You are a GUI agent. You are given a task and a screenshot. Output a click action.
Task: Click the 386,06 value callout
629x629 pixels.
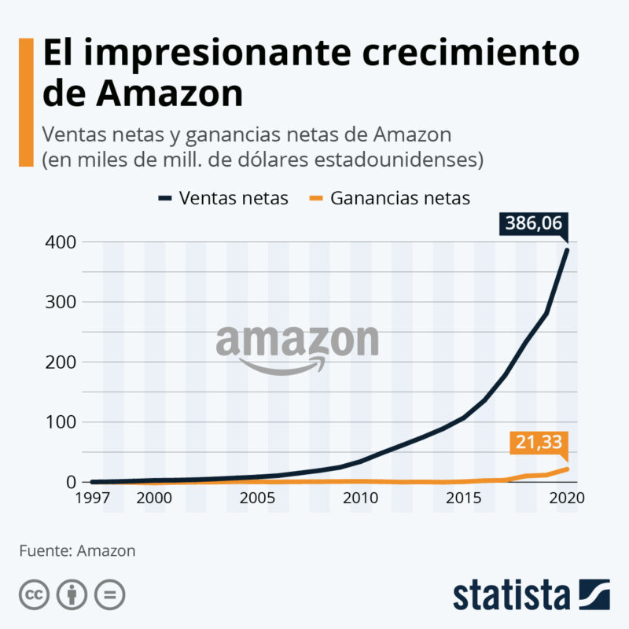pos(534,224)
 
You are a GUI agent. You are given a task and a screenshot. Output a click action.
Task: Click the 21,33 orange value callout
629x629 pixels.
pos(539,443)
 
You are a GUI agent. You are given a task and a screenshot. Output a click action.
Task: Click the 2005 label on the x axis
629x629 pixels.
pos(256,498)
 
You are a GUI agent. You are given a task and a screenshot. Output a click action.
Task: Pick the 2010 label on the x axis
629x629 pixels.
pos(360,498)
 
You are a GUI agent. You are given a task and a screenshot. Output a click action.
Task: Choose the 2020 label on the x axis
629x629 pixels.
pos(567,498)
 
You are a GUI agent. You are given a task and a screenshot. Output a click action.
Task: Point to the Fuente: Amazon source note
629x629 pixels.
pos(77,550)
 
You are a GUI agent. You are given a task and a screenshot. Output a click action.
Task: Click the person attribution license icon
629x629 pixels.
pos(72,594)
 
